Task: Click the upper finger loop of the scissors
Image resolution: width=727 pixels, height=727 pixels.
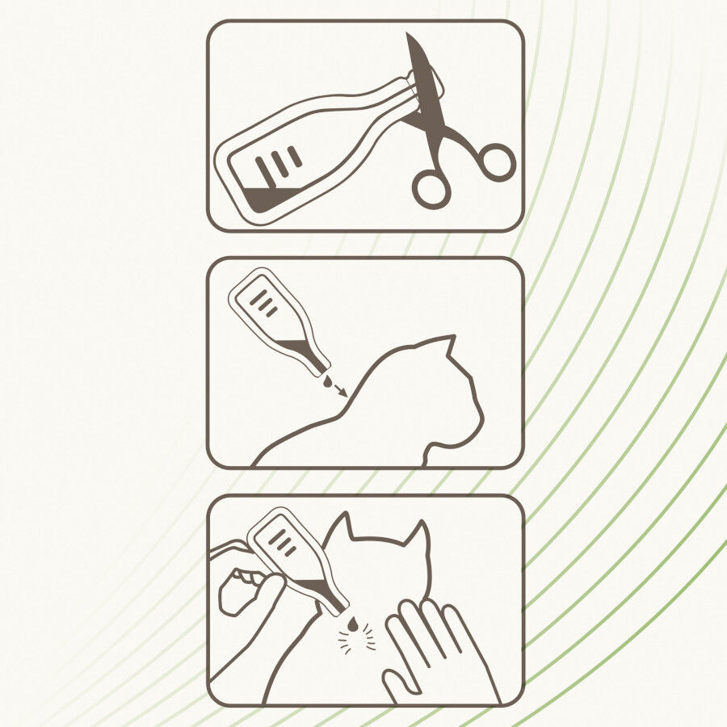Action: pos(494,161)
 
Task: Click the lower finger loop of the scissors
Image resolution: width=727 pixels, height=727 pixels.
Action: pos(431,188)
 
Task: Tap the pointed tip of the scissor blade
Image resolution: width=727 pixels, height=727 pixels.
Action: pos(408,36)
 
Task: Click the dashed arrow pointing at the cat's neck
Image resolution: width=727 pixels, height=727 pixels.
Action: pos(339,390)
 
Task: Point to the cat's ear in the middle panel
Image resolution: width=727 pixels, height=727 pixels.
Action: pos(444,349)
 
